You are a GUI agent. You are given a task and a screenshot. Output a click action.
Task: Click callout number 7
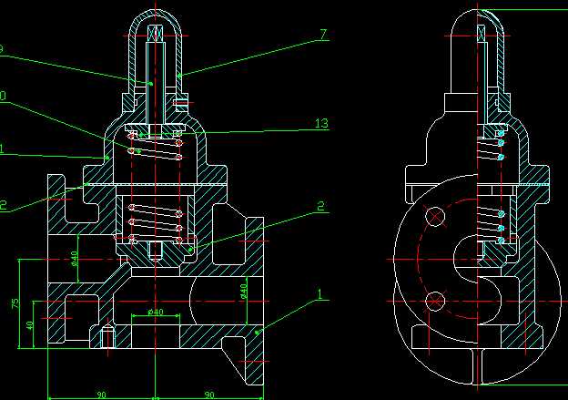pyautogui.click(x=322, y=36)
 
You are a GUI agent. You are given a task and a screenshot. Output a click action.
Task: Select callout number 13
pyautogui.click(x=319, y=123)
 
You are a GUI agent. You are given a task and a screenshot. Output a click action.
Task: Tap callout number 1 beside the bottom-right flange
pyautogui.click(x=319, y=294)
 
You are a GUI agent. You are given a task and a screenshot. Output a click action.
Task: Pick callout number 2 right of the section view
pyautogui.click(x=321, y=207)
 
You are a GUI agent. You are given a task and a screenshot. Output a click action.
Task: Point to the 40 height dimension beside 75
pyautogui.click(x=29, y=325)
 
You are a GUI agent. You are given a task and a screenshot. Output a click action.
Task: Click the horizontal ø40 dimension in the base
pyautogui.click(x=155, y=313)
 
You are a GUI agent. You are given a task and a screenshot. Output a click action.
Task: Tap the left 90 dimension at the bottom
pyautogui.click(x=100, y=395)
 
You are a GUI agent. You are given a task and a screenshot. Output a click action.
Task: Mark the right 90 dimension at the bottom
pyautogui.click(x=208, y=395)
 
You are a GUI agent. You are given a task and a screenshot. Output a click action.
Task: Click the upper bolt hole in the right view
pyautogui.click(x=436, y=216)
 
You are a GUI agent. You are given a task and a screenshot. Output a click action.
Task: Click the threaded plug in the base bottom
pyautogui.click(x=106, y=338)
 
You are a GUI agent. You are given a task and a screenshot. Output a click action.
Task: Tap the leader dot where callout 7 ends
pyautogui.click(x=179, y=74)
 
